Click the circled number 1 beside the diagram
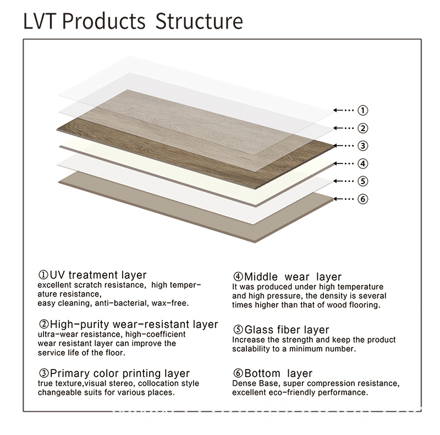click(x=362, y=110)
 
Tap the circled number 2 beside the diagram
click(x=362, y=128)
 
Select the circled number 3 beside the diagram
click(x=362, y=146)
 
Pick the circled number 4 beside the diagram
click(x=362, y=163)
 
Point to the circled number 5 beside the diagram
click(x=362, y=181)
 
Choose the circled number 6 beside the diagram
click(x=362, y=198)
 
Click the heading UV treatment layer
click(x=92, y=275)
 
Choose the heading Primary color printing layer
click(x=114, y=373)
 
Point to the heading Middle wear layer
click(x=287, y=277)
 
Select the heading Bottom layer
click(x=272, y=373)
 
